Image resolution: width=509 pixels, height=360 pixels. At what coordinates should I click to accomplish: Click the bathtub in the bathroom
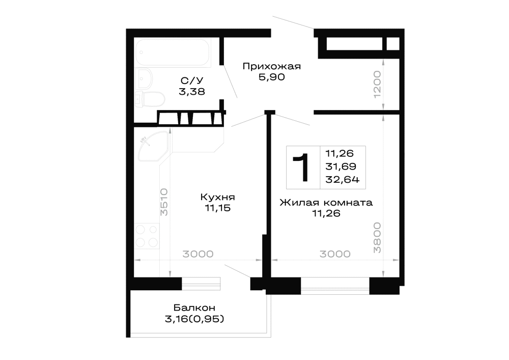click(173, 53)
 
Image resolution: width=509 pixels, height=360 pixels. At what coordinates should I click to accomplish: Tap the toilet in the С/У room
click(150, 99)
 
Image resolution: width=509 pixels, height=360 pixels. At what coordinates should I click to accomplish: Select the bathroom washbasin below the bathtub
click(144, 78)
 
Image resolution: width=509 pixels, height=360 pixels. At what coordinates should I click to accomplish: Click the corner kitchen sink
click(153, 146)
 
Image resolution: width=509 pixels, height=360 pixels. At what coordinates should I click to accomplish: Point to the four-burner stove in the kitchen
click(147, 236)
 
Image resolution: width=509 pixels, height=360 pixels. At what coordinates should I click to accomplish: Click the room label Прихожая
click(272, 67)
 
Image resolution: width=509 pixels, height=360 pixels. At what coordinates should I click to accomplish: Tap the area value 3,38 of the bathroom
click(192, 92)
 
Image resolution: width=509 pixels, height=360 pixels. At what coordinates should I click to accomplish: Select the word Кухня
click(217, 197)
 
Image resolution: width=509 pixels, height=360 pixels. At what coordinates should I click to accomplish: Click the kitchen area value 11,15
click(217, 208)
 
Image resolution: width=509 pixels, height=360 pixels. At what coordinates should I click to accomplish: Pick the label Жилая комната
click(326, 203)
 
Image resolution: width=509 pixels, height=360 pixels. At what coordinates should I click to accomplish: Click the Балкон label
click(194, 308)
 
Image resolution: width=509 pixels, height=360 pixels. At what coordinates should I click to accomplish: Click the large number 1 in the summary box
click(301, 168)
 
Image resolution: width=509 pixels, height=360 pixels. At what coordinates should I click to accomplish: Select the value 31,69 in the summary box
click(341, 166)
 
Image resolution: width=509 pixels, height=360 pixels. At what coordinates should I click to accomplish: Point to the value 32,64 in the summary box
click(343, 180)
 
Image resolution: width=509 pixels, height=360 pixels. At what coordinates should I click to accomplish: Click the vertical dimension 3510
click(164, 202)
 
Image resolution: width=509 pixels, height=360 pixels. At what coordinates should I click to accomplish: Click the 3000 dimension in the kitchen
click(197, 254)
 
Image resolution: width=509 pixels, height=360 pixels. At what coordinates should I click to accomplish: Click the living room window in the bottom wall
click(335, 286)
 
